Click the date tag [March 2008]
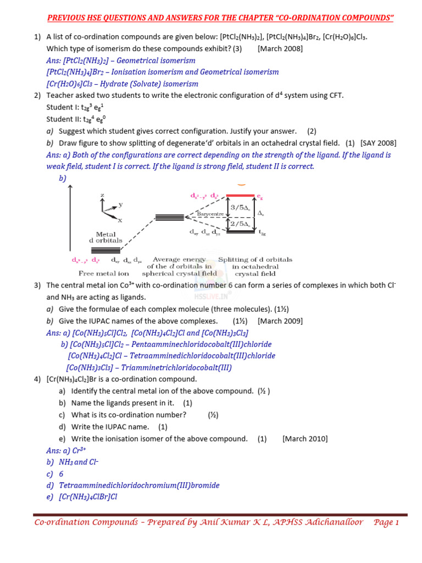coord(280,48)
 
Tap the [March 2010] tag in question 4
coord(305,439)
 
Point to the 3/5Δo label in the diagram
coord(240,207)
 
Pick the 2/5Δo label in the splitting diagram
coord(240,224)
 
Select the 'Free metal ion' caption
coord(104,273)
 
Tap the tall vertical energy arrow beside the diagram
coord(69,220)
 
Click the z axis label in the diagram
coord(102,195)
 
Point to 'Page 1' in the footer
coord(386,522)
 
